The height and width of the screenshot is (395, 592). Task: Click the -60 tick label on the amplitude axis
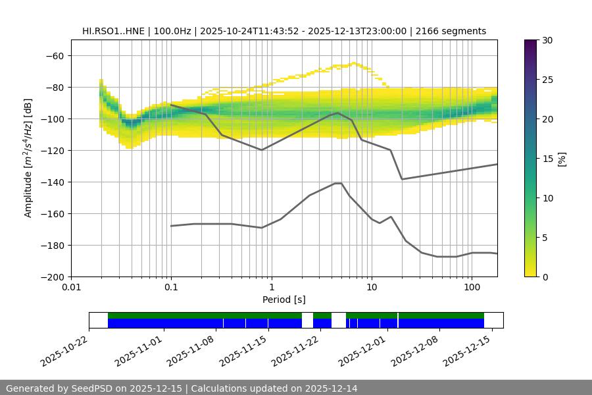coord(54,55)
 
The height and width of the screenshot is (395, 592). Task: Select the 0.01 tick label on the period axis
coord(71,288)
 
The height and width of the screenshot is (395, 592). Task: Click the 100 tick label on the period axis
coord(472,288)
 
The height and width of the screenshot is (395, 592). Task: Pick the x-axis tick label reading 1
coord(271,288)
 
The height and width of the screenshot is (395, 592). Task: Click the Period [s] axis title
coord(284,300)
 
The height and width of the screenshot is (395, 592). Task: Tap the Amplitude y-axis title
coord(28,158)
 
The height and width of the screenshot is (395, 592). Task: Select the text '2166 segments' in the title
coord(454,31)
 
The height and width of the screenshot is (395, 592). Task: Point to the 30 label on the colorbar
coord(547,40)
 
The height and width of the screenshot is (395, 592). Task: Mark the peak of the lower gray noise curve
coord(338,183)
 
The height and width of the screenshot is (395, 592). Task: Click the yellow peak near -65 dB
coord(354,63)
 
